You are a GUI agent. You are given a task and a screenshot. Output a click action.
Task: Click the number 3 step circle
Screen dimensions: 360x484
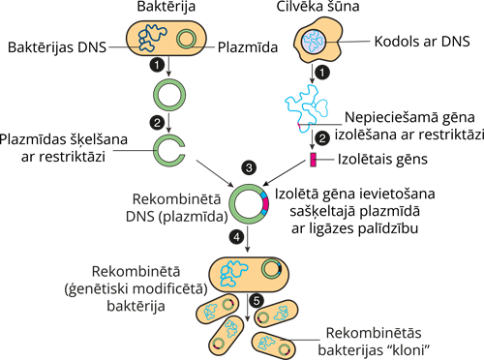pos(249,168)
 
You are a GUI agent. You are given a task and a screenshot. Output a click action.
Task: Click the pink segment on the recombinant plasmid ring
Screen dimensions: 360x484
pos(265,204)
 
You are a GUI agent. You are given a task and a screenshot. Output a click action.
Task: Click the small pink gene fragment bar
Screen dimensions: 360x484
pos(313,159)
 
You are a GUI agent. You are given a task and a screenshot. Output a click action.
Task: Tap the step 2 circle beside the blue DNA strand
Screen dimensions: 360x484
pos(326,137)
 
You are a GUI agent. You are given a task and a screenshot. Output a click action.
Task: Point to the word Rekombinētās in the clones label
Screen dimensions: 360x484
pos(373,331)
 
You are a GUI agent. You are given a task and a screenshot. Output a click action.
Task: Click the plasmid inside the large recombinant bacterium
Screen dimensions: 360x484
pos(274,270)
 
